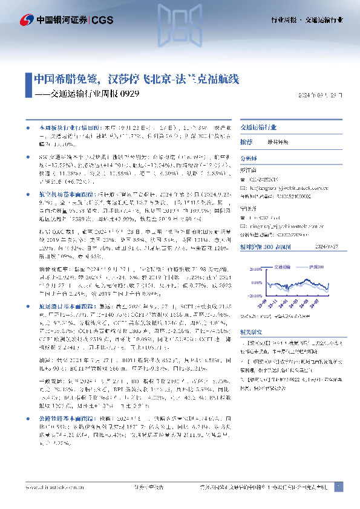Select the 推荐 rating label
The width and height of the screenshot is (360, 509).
coord(246,141)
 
